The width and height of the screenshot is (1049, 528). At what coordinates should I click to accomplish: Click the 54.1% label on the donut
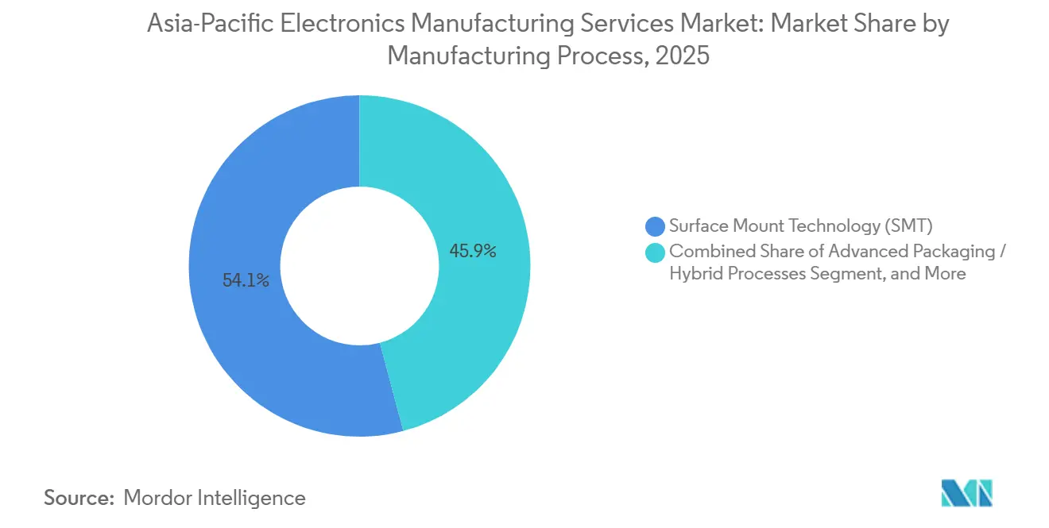click(246, 280)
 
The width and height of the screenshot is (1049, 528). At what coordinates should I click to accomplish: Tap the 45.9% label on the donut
click(472, 252)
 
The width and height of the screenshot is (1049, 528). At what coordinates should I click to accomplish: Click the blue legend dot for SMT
click(656, 226)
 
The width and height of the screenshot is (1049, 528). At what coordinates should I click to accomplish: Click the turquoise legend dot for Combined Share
click(656, 252)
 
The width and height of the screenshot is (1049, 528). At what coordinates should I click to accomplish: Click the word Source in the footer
click(77, 498)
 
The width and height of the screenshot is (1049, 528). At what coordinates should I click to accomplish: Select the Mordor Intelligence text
click(215, 498)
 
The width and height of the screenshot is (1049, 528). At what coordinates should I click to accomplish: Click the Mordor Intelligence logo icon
click(966, 493)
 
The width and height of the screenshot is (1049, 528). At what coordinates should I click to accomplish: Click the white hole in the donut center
click(359, 266)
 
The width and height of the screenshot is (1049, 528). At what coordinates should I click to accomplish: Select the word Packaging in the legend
click(954, 252)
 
